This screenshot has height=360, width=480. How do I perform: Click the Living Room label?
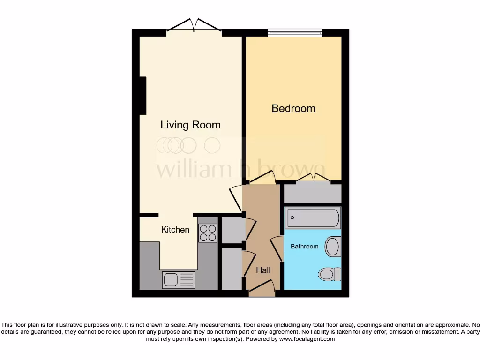coord(190,125)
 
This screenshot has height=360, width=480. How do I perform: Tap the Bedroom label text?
coord(293,108)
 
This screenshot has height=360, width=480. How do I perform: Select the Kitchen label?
coord(175,230)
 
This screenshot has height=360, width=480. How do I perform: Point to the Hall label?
coord(263,270)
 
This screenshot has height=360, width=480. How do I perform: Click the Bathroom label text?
coord(304,246)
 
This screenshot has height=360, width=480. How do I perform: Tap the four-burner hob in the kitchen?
coord(208,232)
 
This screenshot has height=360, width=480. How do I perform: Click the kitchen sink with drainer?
coord(178,280)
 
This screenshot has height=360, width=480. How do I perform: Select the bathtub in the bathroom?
coord(313,217)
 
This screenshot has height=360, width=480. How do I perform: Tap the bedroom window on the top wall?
coord(295,33)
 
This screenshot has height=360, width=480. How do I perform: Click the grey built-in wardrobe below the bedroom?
coord(313,193)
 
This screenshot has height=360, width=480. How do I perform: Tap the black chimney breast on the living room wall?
coord(143,96)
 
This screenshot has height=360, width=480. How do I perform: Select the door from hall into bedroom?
coord(262,178)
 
